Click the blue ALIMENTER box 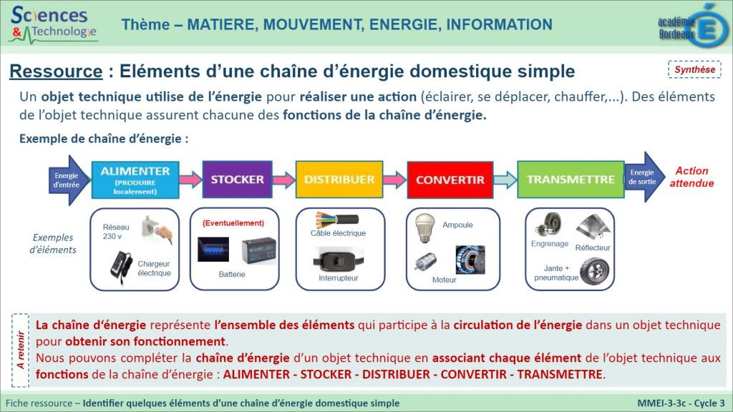point(135,180)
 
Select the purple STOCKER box point(237,180)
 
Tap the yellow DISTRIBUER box point(339,180)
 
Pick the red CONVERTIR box point(450,180)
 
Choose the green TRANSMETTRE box point(571,180)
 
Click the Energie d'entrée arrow point(68,180)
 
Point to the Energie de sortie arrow point(644,177)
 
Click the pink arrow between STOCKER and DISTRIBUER point(283,180)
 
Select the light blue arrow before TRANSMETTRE point(505,180)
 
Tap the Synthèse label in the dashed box point(694,69)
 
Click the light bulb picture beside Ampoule point(424,228)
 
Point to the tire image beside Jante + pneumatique point(594,271)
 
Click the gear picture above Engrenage point(548,224)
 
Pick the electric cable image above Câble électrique point(336,220)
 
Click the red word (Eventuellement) point(233,223)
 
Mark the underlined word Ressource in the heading point(56,72)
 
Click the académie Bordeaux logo point(693,26)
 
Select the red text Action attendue point(692,177)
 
